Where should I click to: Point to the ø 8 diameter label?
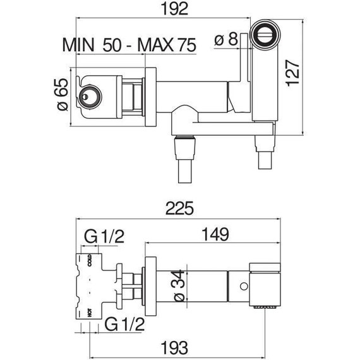(x=227, y=40)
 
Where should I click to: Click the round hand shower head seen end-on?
(x=264, y=35)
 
